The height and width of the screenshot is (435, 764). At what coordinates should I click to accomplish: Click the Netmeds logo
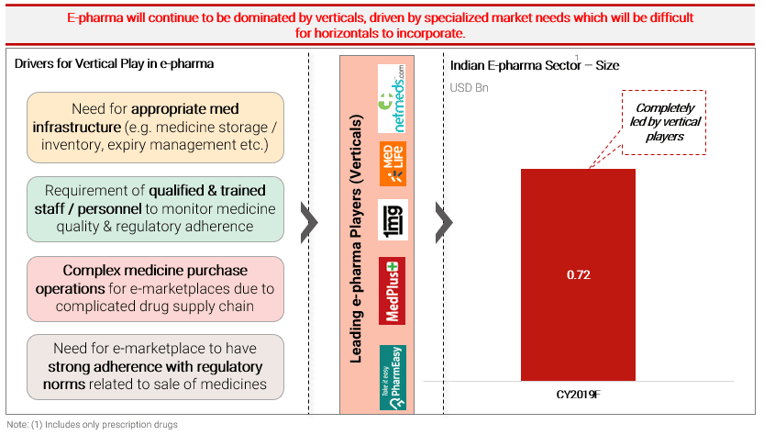(x=393, y=98)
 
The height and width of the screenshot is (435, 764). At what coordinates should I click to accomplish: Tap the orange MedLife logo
(x=393, y=164)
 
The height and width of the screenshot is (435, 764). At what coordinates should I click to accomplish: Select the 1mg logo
(x=393, y=220)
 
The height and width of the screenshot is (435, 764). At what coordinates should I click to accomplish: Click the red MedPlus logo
(x=393, y=291)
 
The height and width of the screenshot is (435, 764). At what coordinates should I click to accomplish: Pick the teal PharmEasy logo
(x=393, y=377)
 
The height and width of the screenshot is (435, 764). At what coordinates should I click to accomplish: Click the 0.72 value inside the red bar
(x=579, y=275)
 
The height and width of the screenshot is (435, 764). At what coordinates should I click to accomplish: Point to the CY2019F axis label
(x=579, y=394)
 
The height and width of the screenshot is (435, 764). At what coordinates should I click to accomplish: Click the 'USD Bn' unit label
(x=469, y=88)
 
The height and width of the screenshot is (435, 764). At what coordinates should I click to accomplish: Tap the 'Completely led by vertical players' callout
(x=664, y=122)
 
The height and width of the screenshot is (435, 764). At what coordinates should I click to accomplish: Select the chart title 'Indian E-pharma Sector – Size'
(x=535, y=65)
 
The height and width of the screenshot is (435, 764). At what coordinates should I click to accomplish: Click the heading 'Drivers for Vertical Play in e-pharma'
(x=114, y=64)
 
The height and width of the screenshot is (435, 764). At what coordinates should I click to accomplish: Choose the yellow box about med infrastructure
(x=155, y=128)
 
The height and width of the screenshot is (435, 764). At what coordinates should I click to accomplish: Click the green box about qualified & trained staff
(x=155, y=208)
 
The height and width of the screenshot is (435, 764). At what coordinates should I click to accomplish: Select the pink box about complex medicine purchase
(x=155, y=289)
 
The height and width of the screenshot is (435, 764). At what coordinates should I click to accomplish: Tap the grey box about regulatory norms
(x=155, y=367)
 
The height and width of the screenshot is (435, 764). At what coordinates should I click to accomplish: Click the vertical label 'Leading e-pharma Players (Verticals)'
(x=356, y=239)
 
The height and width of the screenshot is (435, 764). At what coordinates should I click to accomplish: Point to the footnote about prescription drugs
(x=92, y=425)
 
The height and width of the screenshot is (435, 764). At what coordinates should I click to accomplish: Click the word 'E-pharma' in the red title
(x=95, y=18)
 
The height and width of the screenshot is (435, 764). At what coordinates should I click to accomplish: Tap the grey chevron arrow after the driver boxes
(x=309, y=222)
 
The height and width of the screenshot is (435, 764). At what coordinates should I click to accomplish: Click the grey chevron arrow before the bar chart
(x=444, y=222)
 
